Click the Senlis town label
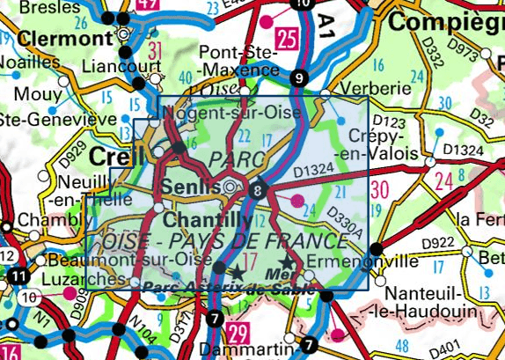[189, 187]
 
